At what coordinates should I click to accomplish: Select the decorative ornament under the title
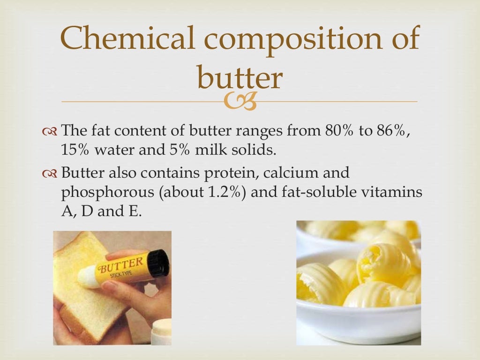tap(240, 102)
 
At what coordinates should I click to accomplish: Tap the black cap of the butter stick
tap(158, 262)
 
